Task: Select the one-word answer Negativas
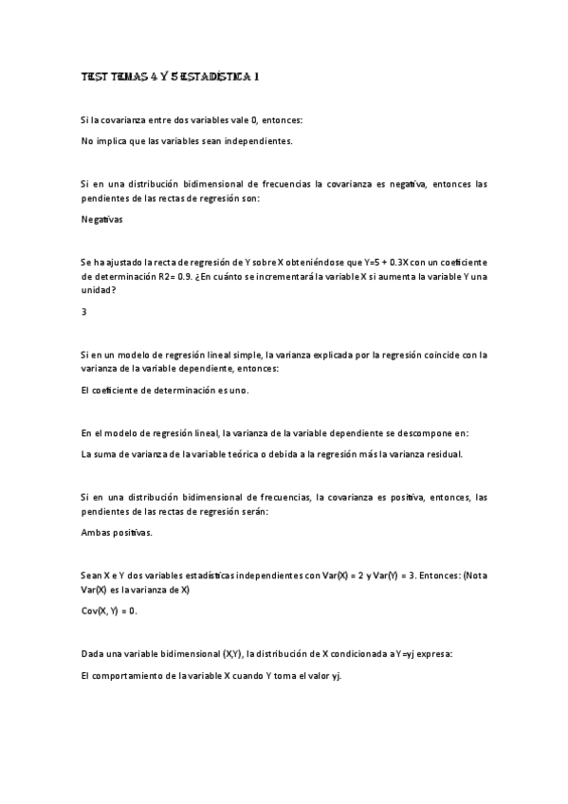coord(102,219)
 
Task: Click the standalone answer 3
coord(84,310)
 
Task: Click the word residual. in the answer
coord(439,454)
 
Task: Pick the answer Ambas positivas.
coord(117,532)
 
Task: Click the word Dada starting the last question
coord(94,654)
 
